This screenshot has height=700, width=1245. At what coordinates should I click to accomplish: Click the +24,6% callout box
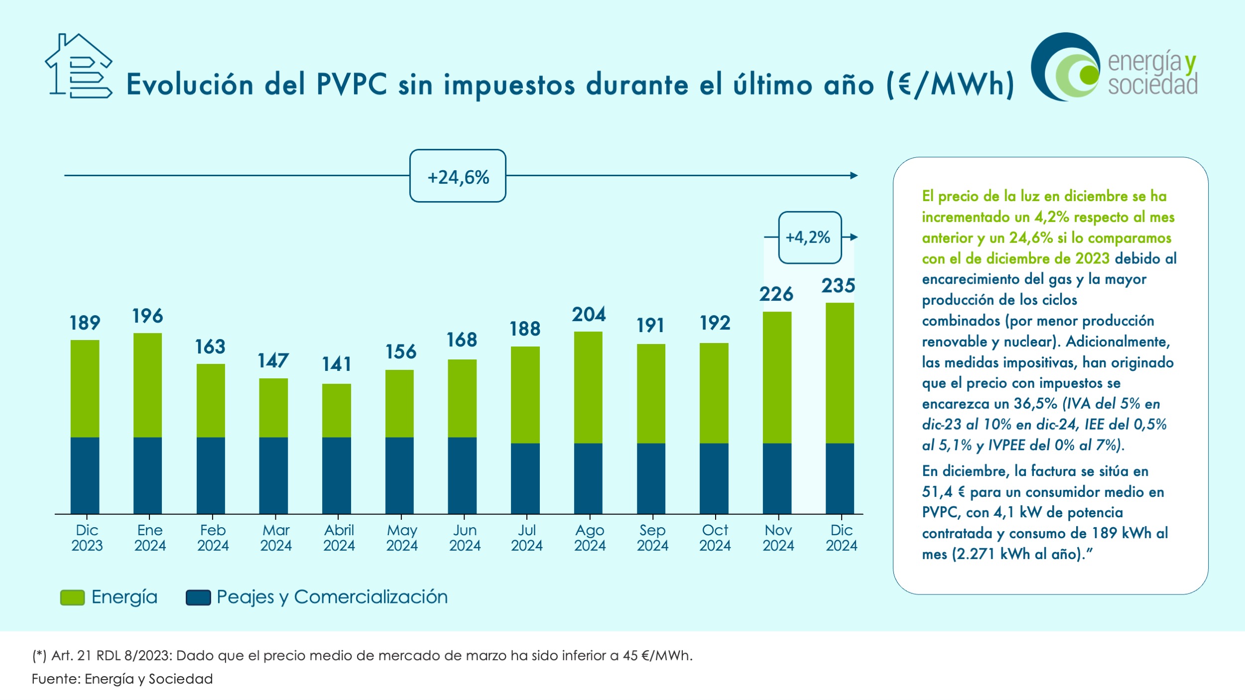pyautogui.click(x=458, y=176)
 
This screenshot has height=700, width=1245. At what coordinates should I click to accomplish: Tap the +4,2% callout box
pyautogui.click(x=809, y=237)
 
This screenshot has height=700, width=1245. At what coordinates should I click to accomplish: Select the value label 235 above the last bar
pyautogui.click(x=838, y=286)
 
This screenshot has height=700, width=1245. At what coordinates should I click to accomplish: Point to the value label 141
pyautogui.click(x=337, y=364)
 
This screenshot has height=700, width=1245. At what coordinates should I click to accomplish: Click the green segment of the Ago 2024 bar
pyautogui.click(x=588, y=387)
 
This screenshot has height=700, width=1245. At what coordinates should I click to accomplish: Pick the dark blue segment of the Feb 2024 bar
pyautogui.click(x=211, y=475)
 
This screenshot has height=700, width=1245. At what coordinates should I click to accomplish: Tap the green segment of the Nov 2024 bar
pyautogui.click(x=777, y=377)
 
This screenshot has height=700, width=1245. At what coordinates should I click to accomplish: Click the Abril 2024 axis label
pyautogui.click(x=339, y=538)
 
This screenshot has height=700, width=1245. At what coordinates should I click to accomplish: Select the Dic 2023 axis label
pyautogui.click(x=87, y=538)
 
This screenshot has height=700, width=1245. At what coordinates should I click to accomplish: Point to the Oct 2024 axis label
pyautogui.click(x=715, y=538)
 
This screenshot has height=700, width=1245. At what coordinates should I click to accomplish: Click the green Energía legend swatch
pyautogui.click(x=72, y=597)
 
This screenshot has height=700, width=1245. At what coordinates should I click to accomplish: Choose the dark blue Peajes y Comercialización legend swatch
pyautogui.click(x=198, y=597)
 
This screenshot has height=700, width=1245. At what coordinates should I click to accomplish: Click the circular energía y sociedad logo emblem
pyautogui.click(x=1066, y=67)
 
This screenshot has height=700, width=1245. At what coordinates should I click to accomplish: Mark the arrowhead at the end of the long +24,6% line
pyautogui.click(x=854, y=175)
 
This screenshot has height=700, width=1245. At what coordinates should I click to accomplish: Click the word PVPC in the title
pyautogui.click(x=352, y=84)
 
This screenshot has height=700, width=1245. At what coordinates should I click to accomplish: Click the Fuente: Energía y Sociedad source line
pyautogui.click(x=123, y=679)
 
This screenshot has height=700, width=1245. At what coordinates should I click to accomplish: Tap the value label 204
pyautogui.click(x=589, y=315)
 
